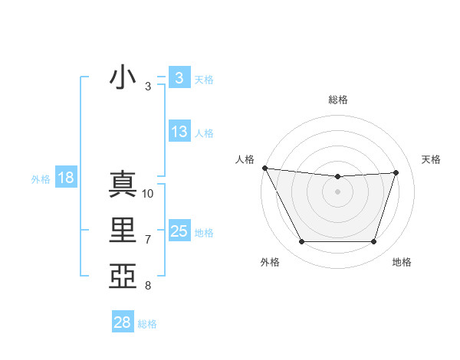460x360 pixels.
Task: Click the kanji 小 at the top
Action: (123, 77)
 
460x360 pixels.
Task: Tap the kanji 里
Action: (123, 231)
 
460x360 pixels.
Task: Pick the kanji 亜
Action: (123, 276)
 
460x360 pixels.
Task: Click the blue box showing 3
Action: (179, 77)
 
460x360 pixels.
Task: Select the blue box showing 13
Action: (179, 132)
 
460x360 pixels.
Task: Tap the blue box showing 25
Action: (179, 231)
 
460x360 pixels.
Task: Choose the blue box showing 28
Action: (123, 322)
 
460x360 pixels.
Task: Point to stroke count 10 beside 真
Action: (148, 194)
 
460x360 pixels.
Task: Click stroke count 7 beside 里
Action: (148, 240)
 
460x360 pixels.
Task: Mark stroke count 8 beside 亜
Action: (148, 286)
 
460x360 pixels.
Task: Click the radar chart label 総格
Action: (338, 100)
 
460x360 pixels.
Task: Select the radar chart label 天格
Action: (432, 159)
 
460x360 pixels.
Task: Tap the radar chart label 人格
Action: (245, 159)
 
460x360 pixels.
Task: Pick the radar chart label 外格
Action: (270, 263)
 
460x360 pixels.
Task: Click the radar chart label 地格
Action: (402, 263)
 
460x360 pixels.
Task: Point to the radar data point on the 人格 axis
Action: (264, 168)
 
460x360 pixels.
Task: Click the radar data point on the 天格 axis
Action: (396, 172)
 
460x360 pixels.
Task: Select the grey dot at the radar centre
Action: (338, 191)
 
